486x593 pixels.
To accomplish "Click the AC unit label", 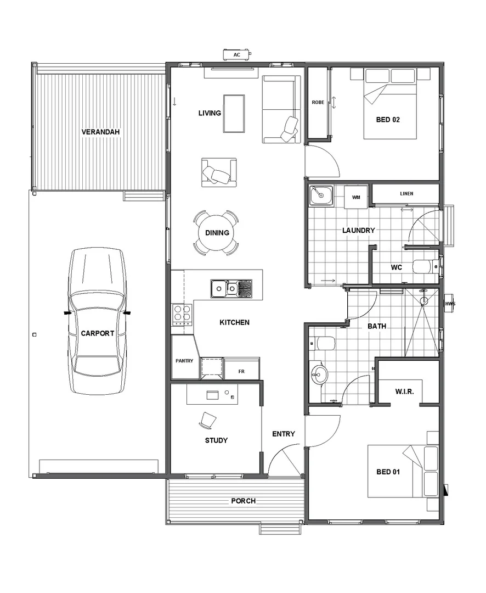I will [237, 55].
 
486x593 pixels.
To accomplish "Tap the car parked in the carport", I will [97, 321].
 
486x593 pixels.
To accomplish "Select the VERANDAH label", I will [100, 132].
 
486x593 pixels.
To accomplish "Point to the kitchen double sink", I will [231, 288].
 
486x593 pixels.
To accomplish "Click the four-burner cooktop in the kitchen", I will [182, 314].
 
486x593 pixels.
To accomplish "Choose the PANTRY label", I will [184, 361].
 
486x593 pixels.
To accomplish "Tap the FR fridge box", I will [241, 371].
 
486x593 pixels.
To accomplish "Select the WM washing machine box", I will [356, 197].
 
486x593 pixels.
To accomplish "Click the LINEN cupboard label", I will [406, 194].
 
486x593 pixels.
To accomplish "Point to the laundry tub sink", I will [320, 195].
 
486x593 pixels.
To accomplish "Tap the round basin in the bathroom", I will [318, 376].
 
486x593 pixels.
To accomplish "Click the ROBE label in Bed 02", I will [318, 103].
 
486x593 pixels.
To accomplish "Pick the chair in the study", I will [207, 420].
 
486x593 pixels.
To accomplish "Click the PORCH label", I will [243, 501].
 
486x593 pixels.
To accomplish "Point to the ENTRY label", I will [284, 434].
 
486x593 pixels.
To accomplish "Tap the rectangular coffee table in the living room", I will [234, 113].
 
